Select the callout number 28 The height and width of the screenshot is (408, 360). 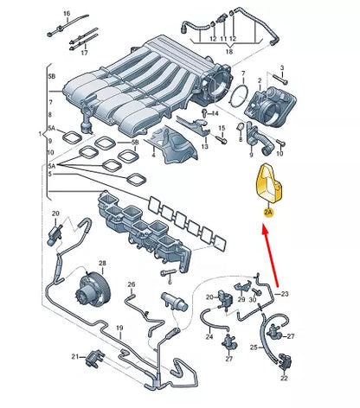pos(102,263)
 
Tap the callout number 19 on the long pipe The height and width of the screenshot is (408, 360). pos(120,328)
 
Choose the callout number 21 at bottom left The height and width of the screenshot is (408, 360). pos(77,355)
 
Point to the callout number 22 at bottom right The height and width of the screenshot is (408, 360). pos(284,378)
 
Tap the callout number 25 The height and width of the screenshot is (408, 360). pos(254,347)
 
